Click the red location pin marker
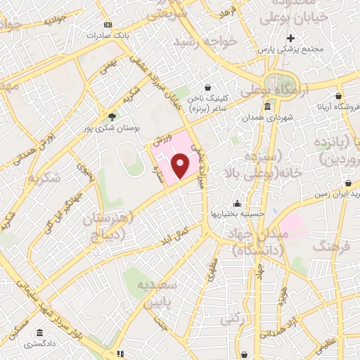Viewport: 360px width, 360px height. click(181, 167)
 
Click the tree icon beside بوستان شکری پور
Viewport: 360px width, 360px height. click(112, 115)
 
